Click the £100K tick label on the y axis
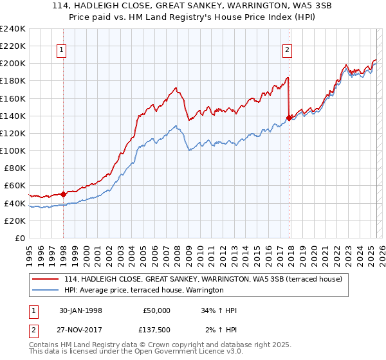pos(12,150)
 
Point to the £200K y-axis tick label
pos(12,63)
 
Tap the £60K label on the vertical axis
pos(14,186)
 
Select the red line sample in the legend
pos(46,278)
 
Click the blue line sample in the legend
pos(46,290)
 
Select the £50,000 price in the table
pos(157,310)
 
